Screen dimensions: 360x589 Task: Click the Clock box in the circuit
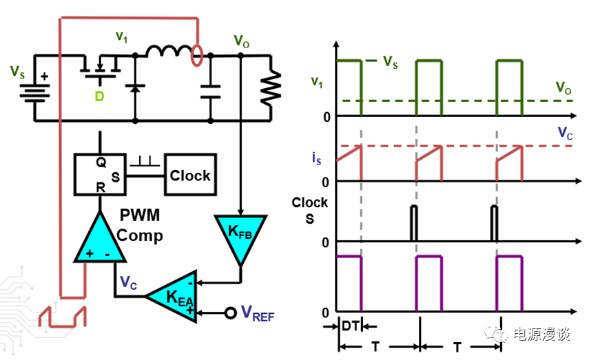pyautogui.click(x=189, y=176)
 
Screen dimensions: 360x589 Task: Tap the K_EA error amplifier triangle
pyautogui.click(x=172, y=296)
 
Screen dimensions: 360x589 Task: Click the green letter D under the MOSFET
pyautogui.click(x=99, y=96)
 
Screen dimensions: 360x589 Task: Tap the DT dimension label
pyautogui.click(x=349, y=327)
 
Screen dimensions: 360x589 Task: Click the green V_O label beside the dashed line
pyautogui.click(x=564, y=87)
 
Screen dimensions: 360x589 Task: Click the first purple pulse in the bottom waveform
pyautogui.click(x=349, y=283)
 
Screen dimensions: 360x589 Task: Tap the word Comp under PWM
pyautogui.click(x=140, y=235)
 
